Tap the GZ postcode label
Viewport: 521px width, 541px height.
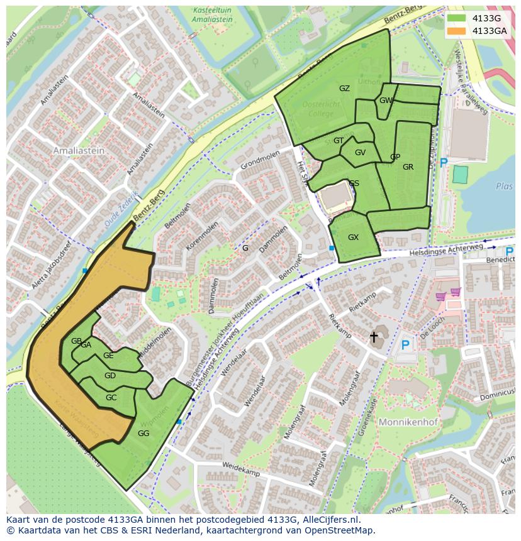click(344, 89)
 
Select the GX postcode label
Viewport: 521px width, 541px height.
click(353, 238)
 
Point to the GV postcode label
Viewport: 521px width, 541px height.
click(360, 153)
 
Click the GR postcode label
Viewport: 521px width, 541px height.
click(408, 167)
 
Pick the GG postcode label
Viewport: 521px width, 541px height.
click(143, 434)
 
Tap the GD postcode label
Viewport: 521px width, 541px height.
click(110, 376)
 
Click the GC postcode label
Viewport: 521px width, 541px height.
click(111, 398)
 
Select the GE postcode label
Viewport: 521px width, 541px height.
click(108, 356)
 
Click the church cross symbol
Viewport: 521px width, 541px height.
click(374, 337)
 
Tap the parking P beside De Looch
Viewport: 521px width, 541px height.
click(405, 345)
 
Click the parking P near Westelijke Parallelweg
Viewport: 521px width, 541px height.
click(444, 163)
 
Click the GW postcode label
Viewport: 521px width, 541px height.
click(386, 101)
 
